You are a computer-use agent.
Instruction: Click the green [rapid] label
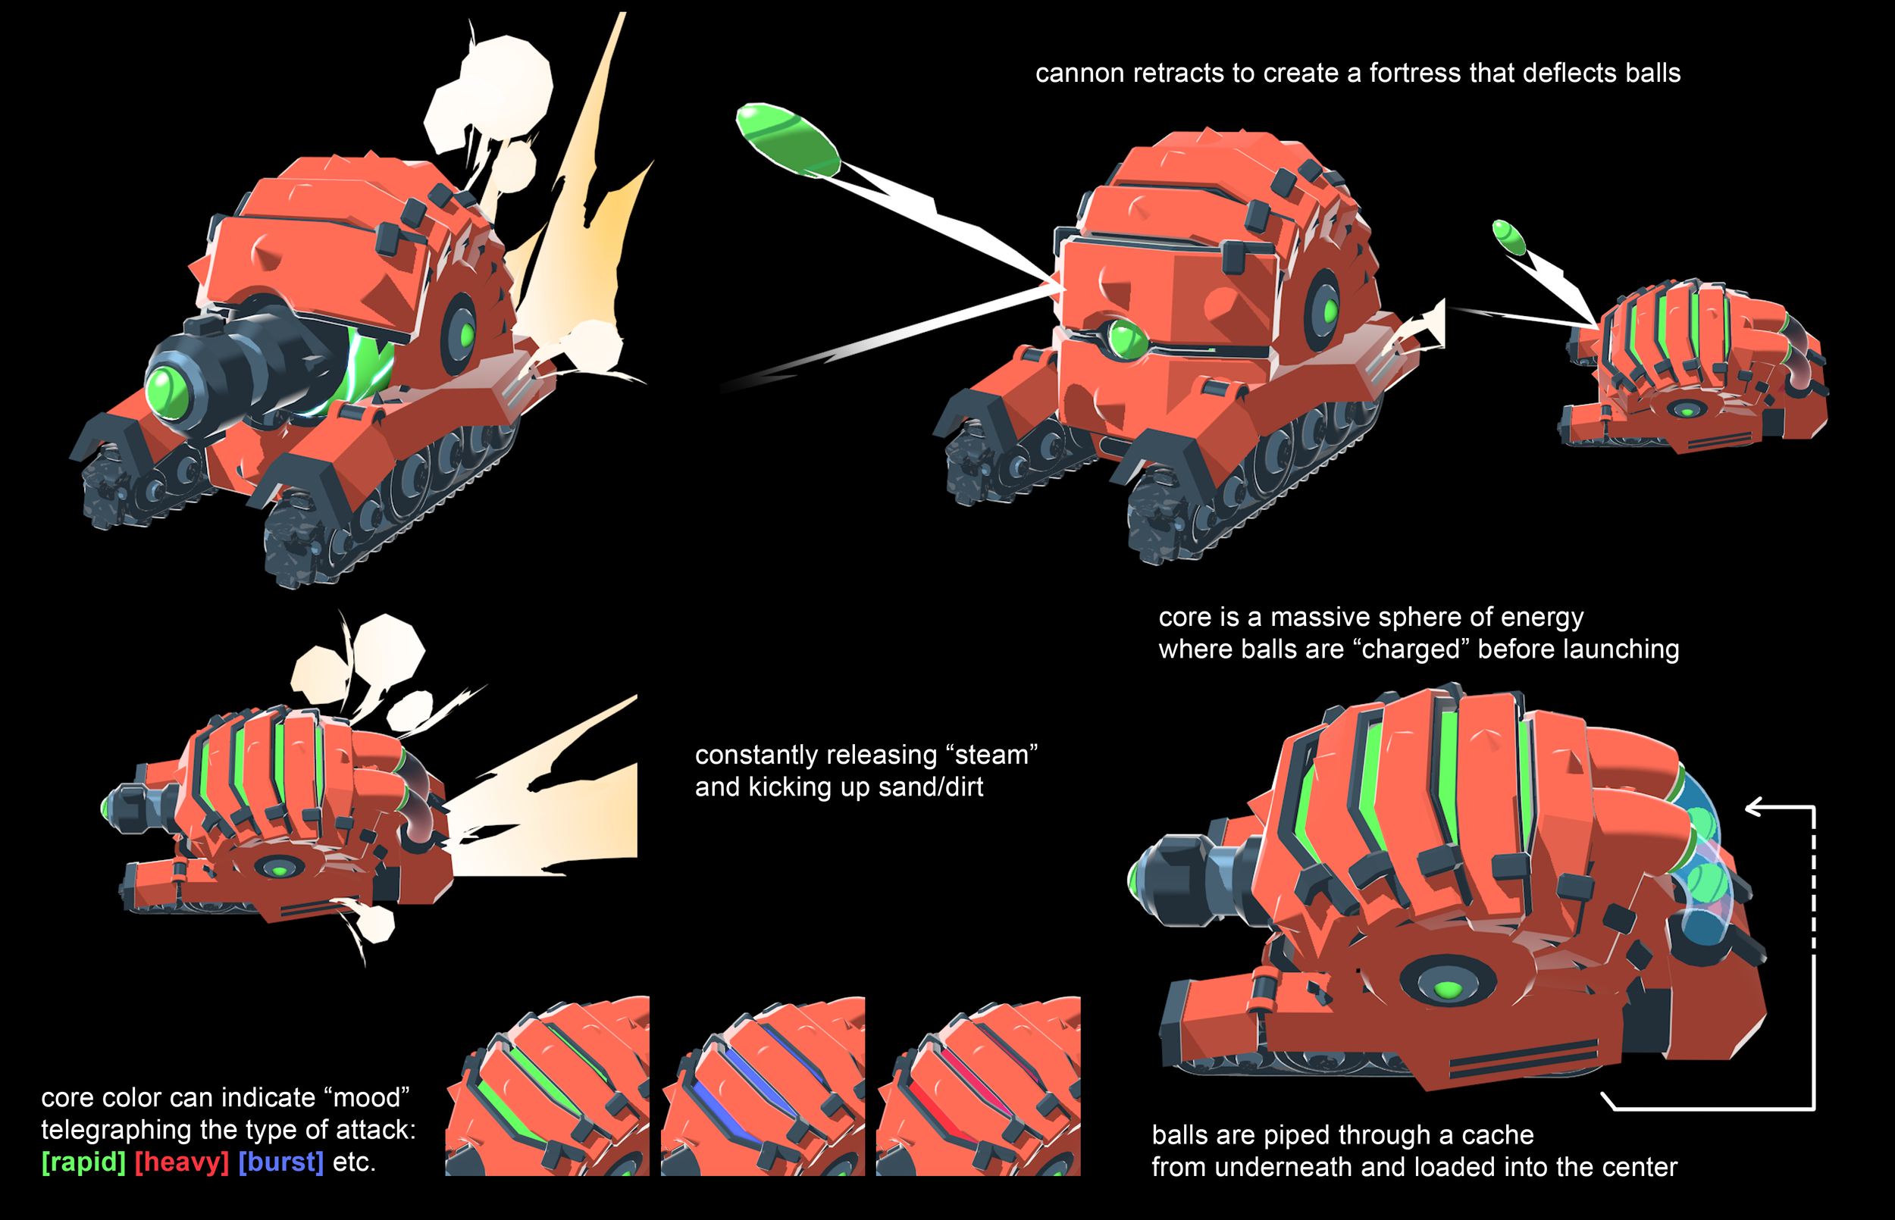83,1162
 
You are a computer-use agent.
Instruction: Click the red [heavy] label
181,1162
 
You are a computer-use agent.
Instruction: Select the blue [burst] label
281,1162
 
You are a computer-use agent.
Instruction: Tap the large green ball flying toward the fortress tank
788,140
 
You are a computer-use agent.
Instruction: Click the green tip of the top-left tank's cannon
166,389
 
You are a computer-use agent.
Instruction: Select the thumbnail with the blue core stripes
763,1086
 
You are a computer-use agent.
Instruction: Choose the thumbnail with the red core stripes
979,1086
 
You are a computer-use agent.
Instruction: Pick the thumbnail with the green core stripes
547,1086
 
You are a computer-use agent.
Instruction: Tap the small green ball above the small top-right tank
1508,237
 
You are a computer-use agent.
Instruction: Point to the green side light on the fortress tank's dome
1330,310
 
